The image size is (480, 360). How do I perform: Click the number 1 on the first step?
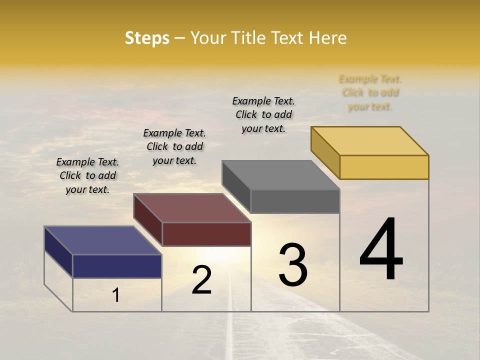point(116,295)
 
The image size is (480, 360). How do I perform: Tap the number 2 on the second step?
point(201,279)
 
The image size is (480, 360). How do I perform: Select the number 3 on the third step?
point(293,265)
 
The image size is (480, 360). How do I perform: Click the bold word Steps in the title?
point(147,38)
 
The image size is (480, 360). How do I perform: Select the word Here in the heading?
point(328,38)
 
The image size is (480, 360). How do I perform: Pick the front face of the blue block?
point(117,266)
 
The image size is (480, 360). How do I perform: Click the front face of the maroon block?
point(206,234)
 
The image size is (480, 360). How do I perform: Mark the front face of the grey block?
point(295,201)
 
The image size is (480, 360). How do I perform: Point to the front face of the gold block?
point(384,167)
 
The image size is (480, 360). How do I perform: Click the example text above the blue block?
point(87,175)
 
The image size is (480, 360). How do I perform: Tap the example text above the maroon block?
point(174,146)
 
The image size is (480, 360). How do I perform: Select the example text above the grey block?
point(263,114)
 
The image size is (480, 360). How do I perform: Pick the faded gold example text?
point(370,92)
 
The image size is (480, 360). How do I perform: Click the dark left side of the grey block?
point(236,187)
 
